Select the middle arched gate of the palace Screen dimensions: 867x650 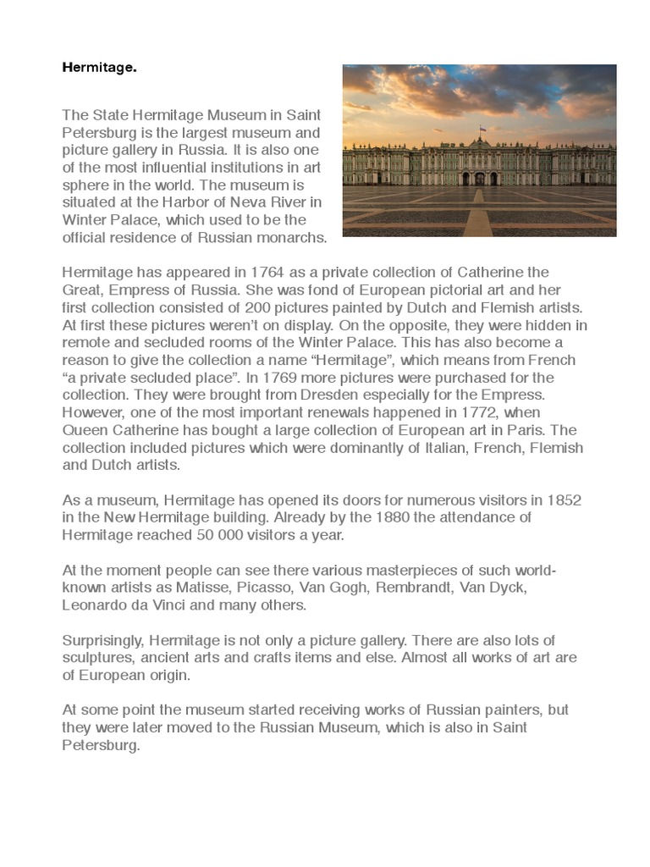480,179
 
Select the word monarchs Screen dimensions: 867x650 285,238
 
